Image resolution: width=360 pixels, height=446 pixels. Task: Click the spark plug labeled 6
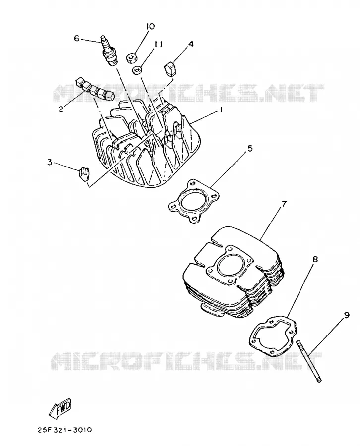click(x=110, y=51)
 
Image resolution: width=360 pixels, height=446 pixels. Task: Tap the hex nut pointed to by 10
click(x=131, y=58)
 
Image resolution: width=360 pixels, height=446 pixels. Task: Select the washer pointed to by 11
click(x=138, y=70)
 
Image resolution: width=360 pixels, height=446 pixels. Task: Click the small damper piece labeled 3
click(x=84, y=173)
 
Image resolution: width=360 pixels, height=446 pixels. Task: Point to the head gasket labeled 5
click(x=194, y=202)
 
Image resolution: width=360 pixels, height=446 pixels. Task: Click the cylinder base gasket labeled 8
click(x=273, y=335)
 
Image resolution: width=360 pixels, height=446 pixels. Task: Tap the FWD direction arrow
click(x=60, y=408)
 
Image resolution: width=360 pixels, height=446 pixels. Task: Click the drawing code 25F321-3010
click(x=64, y=430)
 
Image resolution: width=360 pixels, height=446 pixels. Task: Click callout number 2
click(x=60, y=109)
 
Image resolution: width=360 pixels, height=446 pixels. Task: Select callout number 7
click(x=284, y=204)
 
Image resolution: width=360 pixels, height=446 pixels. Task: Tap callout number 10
click(x=150, y=26)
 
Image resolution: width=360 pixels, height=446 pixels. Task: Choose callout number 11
click(x=158, y=44)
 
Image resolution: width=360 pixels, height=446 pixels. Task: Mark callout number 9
click(x=346, y=315)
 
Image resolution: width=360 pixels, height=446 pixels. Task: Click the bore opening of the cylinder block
click(x=231, y=265)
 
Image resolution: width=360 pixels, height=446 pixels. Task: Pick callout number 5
click(x=249, y=148)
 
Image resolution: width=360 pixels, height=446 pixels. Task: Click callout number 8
click(x=315, y=259)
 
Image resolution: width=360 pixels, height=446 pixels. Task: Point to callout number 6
click(x=77, y=38)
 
